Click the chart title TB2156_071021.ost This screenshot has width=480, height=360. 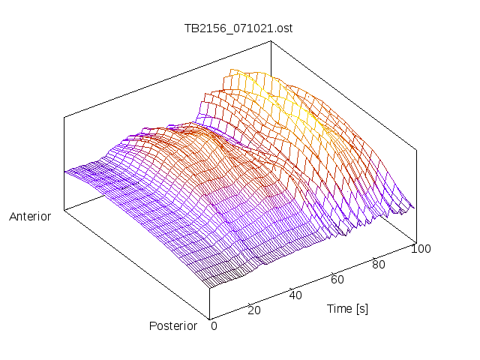[x=238, y=29]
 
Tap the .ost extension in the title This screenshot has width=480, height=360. [x=283, y=29]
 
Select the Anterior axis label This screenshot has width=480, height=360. [x=30, y=217]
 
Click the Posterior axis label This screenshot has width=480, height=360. [x=172, y=325]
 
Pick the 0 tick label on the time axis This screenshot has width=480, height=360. [x=214, y=325]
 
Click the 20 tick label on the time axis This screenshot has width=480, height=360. [x=254, y=310]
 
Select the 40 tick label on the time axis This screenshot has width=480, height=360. [x=295, y=295]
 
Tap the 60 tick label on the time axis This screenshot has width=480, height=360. [x=337, y=279]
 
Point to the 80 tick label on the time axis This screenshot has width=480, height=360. [x=379, y=264]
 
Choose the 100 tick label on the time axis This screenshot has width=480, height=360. [x=421, y=249]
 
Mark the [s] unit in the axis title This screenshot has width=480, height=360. [x=361, y=308]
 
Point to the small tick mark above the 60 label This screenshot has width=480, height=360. [x=332, y=271]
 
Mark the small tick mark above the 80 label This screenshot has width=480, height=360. [x=373, y=256]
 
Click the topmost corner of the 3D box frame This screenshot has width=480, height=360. [x=271, y=41]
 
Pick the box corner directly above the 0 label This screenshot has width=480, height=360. [x=210, y=318]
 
